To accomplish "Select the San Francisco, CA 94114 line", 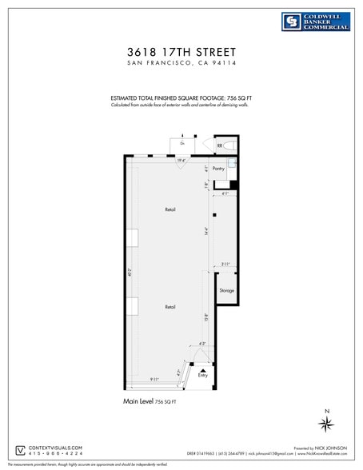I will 181,63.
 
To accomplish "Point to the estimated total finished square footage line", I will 181,98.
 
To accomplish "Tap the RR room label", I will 219,145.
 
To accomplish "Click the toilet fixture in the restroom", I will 229,145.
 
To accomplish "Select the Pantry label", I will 217,169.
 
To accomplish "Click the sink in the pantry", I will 233,163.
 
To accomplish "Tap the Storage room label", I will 226,290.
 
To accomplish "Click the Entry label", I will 202,375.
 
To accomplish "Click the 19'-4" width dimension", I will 181,161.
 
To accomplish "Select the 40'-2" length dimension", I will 130,272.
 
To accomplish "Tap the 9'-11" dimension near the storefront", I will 155,379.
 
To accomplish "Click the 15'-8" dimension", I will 206,316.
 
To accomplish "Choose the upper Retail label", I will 170,209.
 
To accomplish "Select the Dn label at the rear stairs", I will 182,143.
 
